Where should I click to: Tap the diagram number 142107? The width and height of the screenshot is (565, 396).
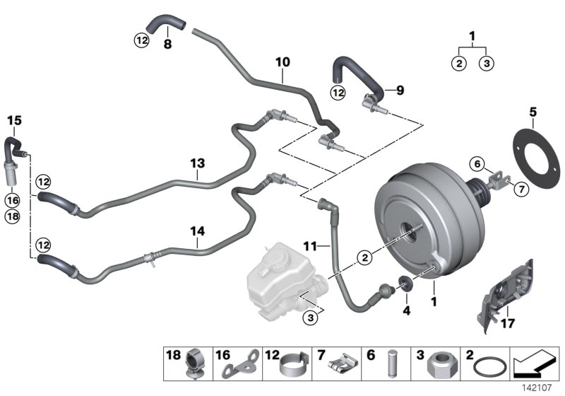tap(539, 388)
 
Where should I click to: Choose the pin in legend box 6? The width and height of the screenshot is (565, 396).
tap(391, 367)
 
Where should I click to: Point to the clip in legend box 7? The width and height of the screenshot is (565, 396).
tap(340, 366)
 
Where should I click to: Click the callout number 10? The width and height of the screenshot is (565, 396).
tap(282, 62)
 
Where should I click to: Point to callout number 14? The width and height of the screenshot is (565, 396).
tap(198, 230)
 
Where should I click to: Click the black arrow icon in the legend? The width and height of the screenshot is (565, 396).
tap(535, 365)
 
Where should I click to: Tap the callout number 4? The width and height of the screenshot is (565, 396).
tap(407, 310)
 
